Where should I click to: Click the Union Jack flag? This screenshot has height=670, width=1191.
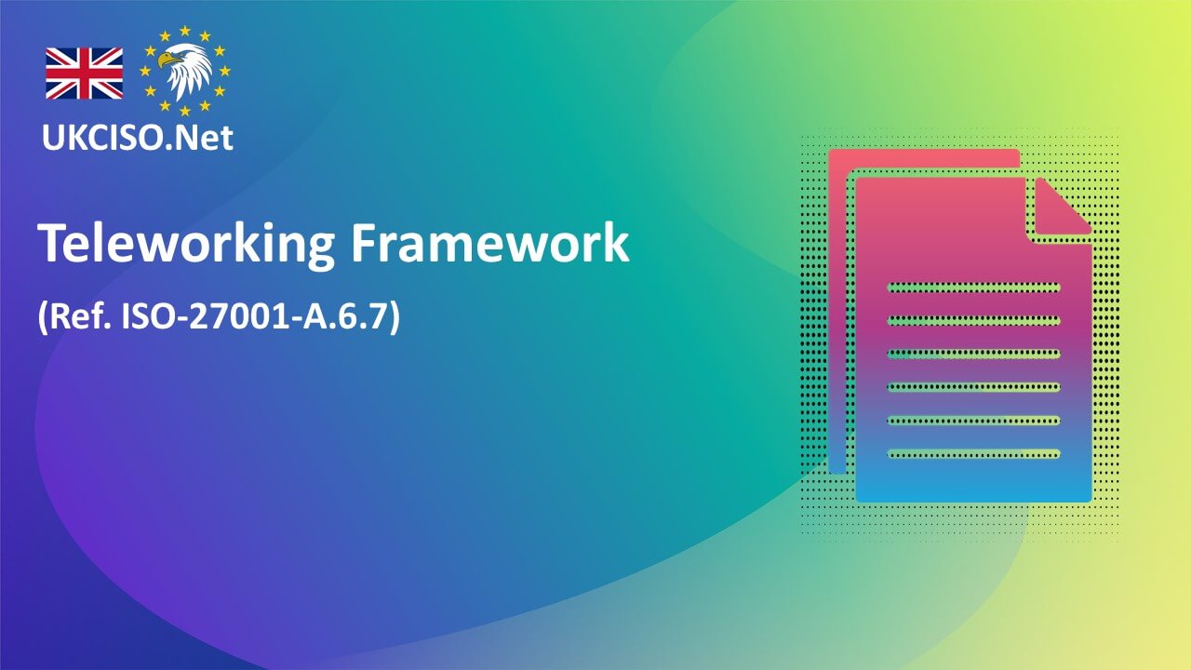(x=84, y=74)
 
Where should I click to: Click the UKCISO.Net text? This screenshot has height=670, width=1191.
(x=138, y=138)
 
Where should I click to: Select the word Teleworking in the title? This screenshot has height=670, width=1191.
(x=185, y=245)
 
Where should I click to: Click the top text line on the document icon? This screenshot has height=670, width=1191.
(x=973, y=287)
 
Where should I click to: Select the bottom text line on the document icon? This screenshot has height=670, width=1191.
(x=973, y=454)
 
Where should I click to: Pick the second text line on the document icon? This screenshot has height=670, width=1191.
(x=973, y=320)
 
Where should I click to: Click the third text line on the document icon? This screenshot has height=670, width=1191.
(x=973, y=354)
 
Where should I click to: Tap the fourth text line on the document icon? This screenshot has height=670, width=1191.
(x=973, y=387)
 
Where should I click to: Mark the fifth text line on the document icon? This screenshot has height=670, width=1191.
(x=973, y=421)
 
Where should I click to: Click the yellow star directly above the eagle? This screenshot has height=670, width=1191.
(x=186, y=31)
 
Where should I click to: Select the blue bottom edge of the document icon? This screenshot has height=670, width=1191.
(x=973, y=493)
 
